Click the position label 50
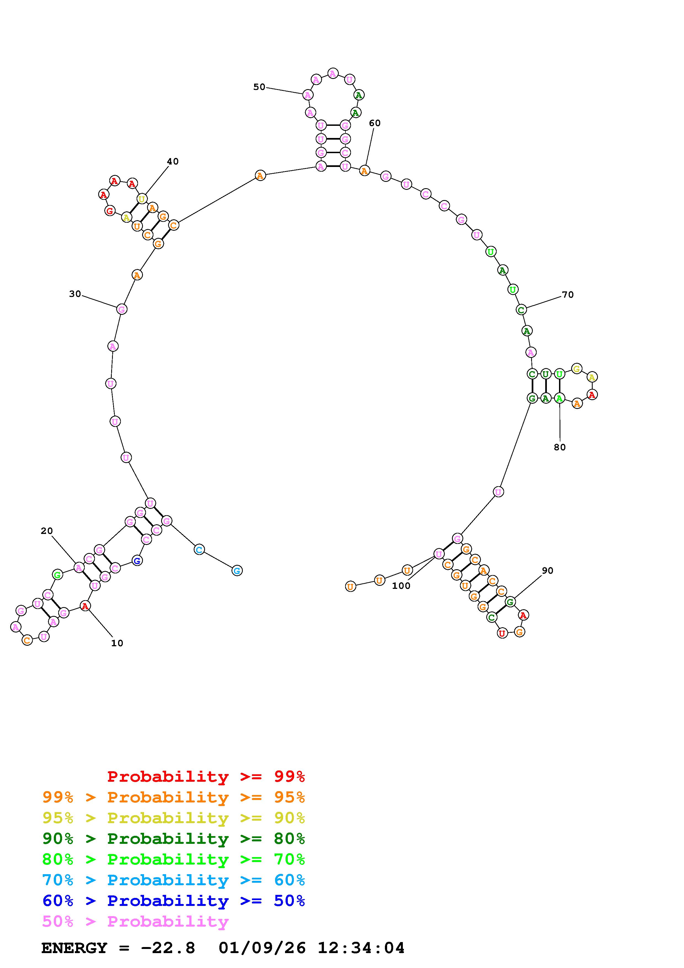[259, 87]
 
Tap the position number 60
[375, 123]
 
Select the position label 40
[173, 161]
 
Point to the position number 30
[75, 294]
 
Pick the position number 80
[560, 447]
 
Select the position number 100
[401, 586]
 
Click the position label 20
[47, 531]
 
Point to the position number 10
[117, 643]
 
